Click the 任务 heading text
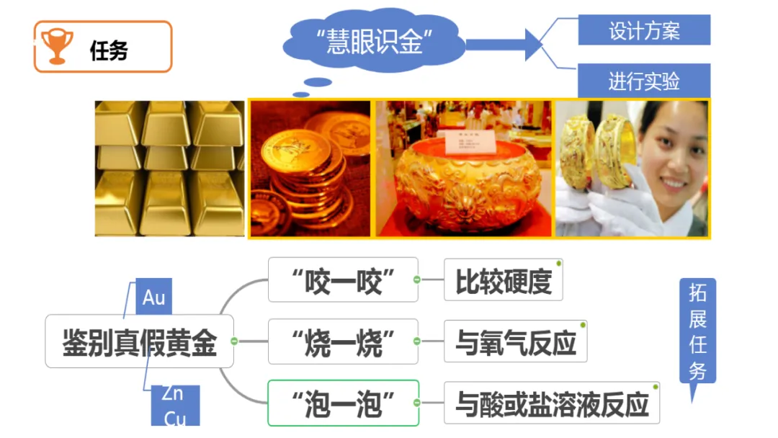coord(109,50)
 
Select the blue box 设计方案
coord(644,31)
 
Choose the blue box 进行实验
coord(644,80)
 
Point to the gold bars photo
coord(170,169)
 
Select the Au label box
coord(154,298)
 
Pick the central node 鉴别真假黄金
coord(139,341)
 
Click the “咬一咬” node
coord(343,280)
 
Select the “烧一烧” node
coord(343,341)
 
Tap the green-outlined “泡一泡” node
coord(343,403)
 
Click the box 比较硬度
coord(503,280)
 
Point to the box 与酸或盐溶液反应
coord(552,403)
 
